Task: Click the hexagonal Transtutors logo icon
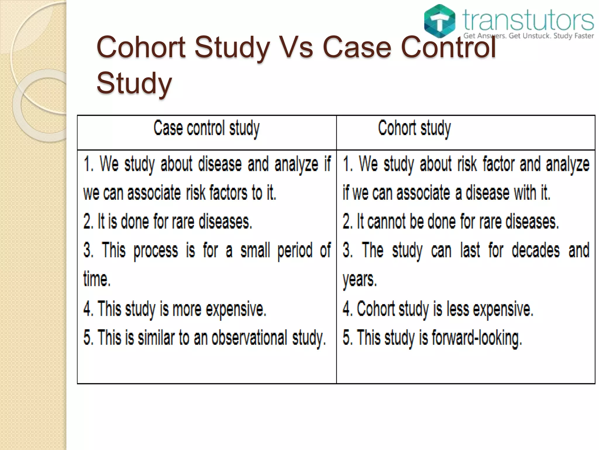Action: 440,21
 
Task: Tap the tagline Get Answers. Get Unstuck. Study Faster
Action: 528,36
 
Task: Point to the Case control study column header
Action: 206,128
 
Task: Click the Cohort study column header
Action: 414,128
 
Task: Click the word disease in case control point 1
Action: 220,164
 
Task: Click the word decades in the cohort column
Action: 536,250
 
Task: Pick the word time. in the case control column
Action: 97,279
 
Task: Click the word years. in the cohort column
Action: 360,279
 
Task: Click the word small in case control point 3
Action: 255,250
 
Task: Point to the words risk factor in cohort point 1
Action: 486,164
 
